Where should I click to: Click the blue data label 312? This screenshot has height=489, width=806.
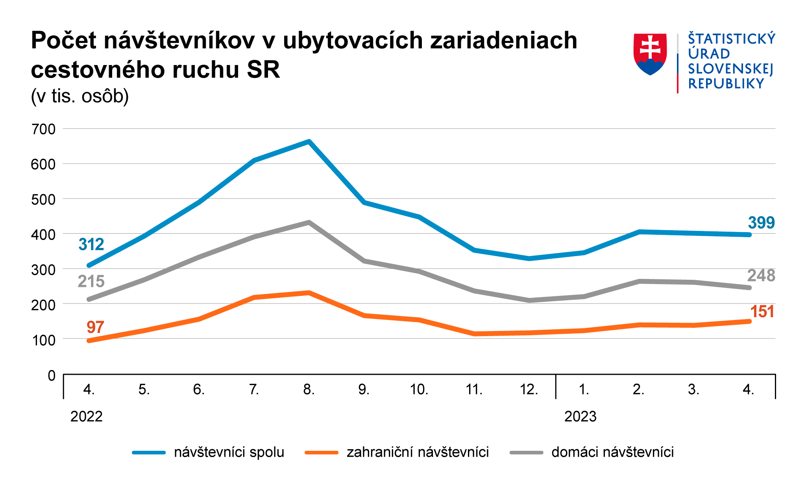point(91,245)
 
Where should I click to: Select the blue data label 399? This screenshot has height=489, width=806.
point(761,223)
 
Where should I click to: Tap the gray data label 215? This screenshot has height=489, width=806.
point(91,281)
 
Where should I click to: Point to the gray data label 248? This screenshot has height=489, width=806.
point(761,275)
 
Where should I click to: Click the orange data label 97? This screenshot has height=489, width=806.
point(95,327)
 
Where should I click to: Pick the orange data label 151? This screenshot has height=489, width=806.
point(762,312)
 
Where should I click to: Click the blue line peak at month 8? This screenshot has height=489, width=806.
point(309,142)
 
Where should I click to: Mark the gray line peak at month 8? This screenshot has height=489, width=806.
point(309,222)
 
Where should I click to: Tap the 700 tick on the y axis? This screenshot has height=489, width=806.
point(43,129)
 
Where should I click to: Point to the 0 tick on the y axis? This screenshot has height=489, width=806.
point(52,376)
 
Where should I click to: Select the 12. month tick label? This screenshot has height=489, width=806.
point(529,389)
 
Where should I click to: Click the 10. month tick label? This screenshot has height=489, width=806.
point(419,389)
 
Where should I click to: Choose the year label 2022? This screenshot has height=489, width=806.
point(87,416)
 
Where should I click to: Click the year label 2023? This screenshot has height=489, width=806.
point(580,416)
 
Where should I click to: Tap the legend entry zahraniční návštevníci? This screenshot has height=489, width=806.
point(418,452)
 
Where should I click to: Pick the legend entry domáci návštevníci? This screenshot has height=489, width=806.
point(612,452)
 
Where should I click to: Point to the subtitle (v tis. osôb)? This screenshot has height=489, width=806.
point(80,96)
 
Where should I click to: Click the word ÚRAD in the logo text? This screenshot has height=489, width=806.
point(709,54)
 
